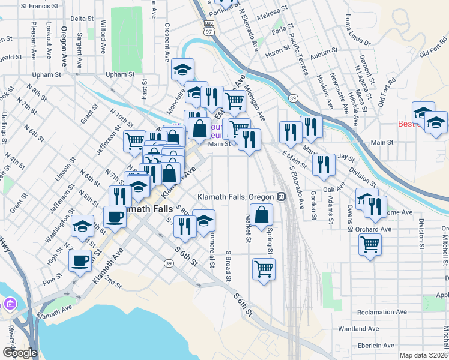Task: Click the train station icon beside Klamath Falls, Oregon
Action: coord(280,197)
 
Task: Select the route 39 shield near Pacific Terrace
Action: coord(293,97)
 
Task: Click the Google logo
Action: coord(20,353)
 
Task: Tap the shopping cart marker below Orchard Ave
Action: coord(370,244)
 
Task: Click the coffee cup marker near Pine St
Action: coord(80,260)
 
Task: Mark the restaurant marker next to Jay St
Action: coord(324,164)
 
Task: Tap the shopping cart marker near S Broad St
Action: coord(264,269)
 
